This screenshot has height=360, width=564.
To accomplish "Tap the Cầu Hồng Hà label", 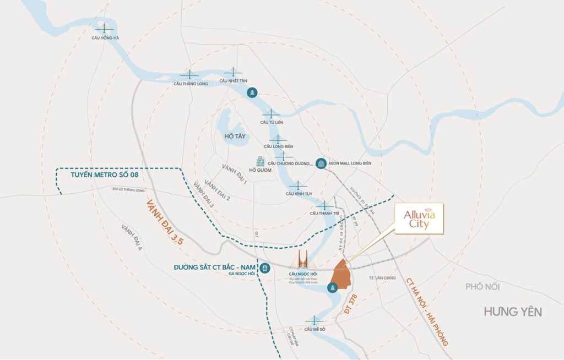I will tap(105, 38).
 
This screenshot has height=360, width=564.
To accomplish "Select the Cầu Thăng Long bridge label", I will tap(191, 84).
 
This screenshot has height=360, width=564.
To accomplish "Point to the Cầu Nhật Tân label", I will tap(233, 81).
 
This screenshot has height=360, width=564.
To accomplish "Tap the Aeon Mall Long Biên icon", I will tap(321, 163).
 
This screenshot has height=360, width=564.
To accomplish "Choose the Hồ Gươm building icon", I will tap(260, 162).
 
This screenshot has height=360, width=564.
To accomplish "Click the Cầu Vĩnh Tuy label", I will tap(298, 194).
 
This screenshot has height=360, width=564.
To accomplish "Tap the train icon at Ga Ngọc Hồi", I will tap(266, 269).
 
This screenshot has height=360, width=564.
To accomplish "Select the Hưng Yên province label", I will tap(513, 312).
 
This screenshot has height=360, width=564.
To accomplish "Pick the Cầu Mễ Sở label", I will tap(314, 329).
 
